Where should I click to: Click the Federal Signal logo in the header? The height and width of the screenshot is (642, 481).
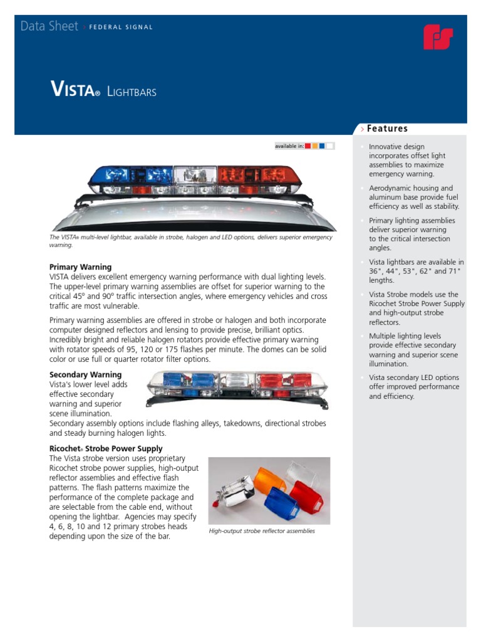coord(438,38)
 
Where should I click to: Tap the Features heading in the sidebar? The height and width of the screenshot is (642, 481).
coord(387,129)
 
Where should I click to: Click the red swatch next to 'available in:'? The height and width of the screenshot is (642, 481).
coord(308,146)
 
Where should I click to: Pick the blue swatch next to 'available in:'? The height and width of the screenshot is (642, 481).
coord(322,146)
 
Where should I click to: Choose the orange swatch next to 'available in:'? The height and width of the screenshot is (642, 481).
coord(315,146)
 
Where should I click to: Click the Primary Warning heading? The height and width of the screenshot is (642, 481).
coord(80,267)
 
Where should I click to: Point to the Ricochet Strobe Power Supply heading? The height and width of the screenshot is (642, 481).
coord(106,449)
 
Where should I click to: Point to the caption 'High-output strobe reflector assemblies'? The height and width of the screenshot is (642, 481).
coord(262,531)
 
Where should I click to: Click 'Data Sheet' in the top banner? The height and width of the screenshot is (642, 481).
coord(49,26)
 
